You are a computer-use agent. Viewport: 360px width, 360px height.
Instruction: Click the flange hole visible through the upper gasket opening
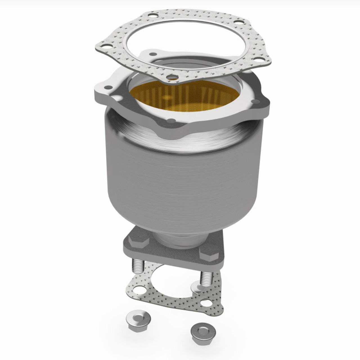click(153, 54)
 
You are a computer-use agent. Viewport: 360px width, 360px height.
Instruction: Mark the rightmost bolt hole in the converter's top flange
click(255, 101)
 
